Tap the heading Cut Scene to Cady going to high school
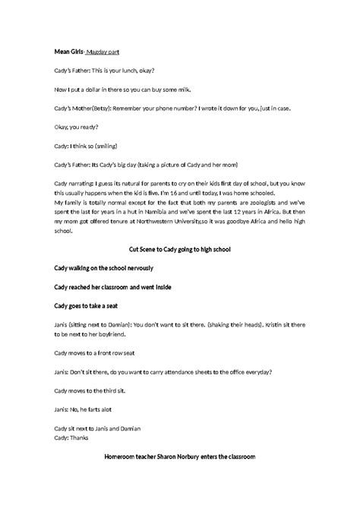tap(180, 249)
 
